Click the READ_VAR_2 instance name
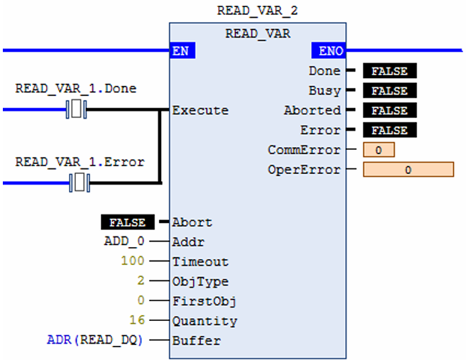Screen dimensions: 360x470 (256, 11)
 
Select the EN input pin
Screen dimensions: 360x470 (182, 51)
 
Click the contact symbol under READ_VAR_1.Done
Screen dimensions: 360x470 (76, 109)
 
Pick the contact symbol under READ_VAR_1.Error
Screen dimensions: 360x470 (80, 182)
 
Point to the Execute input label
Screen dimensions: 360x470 (200, 110)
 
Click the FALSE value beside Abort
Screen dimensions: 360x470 (126, 222)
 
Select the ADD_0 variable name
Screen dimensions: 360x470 (124, 241)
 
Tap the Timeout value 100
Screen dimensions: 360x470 (132, 261)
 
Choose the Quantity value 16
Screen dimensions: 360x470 (136, 321)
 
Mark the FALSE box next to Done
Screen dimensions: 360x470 (389, 71)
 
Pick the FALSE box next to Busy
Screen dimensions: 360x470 (389, 91)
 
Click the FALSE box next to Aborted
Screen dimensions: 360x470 (389, 111)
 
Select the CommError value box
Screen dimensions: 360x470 (378, 151)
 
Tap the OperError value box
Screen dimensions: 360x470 (408, 170)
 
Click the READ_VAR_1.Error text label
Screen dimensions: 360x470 (80, 162)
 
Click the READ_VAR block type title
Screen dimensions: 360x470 (256, 33)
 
